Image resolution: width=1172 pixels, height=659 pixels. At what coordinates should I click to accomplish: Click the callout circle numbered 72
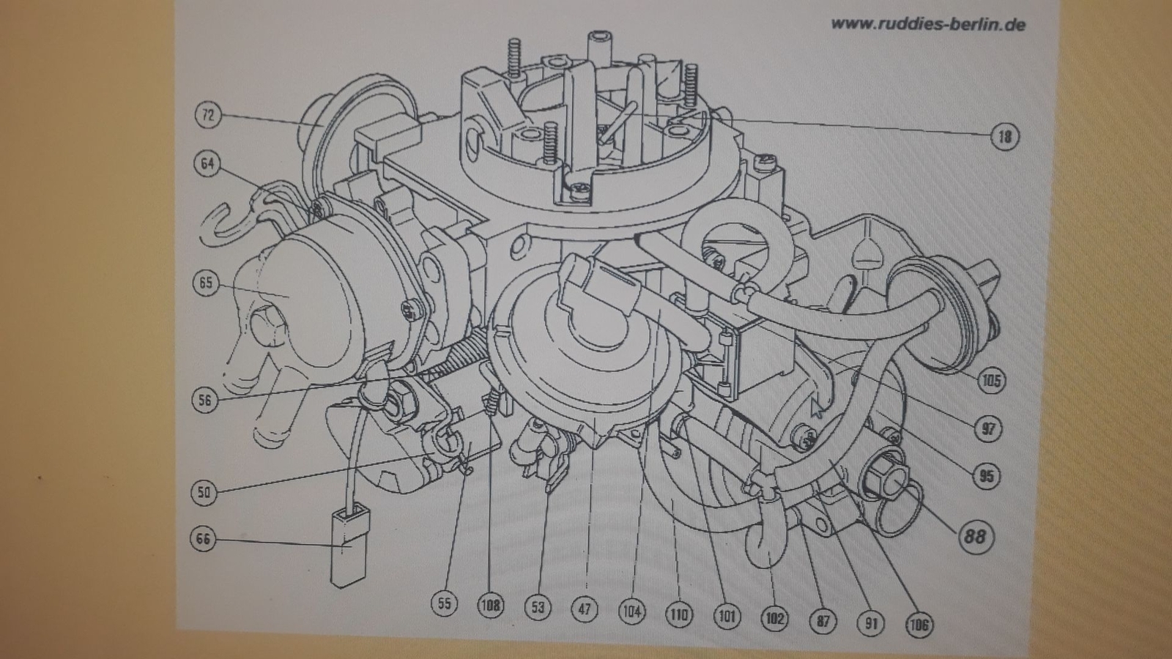tap(208, 114)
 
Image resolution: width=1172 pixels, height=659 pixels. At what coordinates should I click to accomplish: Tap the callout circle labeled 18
tap(1004, 137)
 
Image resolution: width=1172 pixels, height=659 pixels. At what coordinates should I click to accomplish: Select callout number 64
tap(208, 164)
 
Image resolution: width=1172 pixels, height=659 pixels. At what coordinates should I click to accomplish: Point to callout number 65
tap(206, 283)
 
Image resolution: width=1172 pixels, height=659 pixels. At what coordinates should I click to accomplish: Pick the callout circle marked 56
tap(204, 400)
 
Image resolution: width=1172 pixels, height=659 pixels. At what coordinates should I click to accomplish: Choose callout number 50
tap(204, 493)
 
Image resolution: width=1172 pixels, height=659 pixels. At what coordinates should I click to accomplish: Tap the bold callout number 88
tap(974, 537)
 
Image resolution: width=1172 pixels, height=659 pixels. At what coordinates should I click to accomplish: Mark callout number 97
tap(988, 429)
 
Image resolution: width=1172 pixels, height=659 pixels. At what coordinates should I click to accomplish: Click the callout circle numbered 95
tap(986, 476)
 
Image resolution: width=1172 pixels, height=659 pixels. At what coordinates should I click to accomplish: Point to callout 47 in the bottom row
tap(585, 608)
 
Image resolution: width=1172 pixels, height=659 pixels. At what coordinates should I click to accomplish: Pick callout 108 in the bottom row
tap(490, 606)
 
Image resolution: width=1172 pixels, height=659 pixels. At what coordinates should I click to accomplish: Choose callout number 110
tap(679, 615)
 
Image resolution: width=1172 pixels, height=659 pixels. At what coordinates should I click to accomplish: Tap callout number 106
tap(919, 625)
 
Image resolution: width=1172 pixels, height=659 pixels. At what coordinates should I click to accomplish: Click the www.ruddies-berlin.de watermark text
tap(928, 25)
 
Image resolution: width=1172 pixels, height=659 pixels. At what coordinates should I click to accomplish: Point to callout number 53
tap(538, 607)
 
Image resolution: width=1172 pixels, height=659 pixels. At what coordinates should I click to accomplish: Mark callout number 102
tap(774, 619)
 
